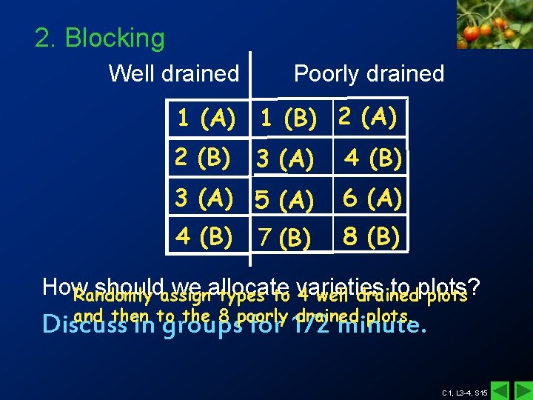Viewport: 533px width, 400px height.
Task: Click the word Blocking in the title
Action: pyautogui.click(x=115, y=38)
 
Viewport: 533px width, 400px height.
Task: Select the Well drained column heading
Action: pyautogui.click(x=174, y=74)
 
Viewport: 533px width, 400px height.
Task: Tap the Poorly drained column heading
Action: pyautogui.click(x=369, y=74)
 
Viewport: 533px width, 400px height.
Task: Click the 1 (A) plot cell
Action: pyautogui.click(x=206, y=117)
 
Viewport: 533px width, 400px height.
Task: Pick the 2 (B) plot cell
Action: pyautogui.click(x=202, y=157)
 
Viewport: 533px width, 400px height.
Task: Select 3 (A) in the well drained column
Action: pyautogui.click(x=204, y=198)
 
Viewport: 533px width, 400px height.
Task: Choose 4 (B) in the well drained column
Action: pyautogui.click(x=204, y=236)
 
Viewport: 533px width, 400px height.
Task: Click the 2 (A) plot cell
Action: pyautogui.click(x=368, y=116)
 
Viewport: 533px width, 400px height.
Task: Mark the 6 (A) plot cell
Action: pyautogui.click(x=372, y=198)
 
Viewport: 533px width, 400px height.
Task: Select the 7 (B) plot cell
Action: pyautogui.click(x=284, y=239)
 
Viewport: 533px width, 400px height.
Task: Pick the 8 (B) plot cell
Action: pyautogui.click(x=372, y=236)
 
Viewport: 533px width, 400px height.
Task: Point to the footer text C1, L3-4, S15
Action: pyautogui.click(x=464, y=392)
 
